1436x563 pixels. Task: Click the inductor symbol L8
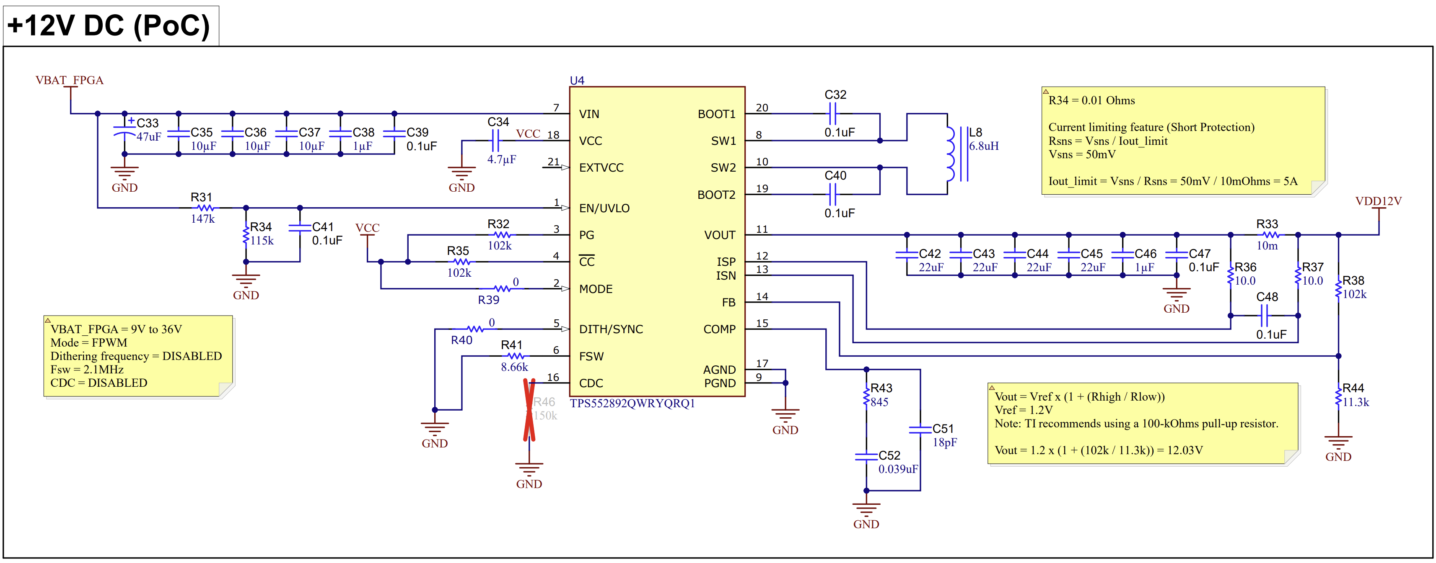point(951,154)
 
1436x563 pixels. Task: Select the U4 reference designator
point(577,81)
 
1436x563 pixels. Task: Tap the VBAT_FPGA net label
point(70,80)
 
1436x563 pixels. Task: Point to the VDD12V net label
point(1378,201)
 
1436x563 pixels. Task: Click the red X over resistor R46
point(529,410)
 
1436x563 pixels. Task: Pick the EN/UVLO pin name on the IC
point(604,208)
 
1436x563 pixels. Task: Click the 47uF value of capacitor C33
point(149,137)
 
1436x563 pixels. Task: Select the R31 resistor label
point(201,197)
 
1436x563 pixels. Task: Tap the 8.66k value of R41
point(514,367)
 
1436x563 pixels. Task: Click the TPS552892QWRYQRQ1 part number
point(632,403)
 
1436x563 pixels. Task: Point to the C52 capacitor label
point(889,455)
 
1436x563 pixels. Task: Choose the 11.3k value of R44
point(1356,402)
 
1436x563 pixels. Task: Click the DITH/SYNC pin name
point(611,329)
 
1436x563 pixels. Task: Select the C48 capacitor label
point(1267,297)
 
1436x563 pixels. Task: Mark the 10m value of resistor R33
point(1267,246)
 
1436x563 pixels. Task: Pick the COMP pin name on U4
point(720,329)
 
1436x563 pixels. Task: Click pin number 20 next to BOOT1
point(762,108)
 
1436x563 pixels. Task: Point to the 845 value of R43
point(880,402)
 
